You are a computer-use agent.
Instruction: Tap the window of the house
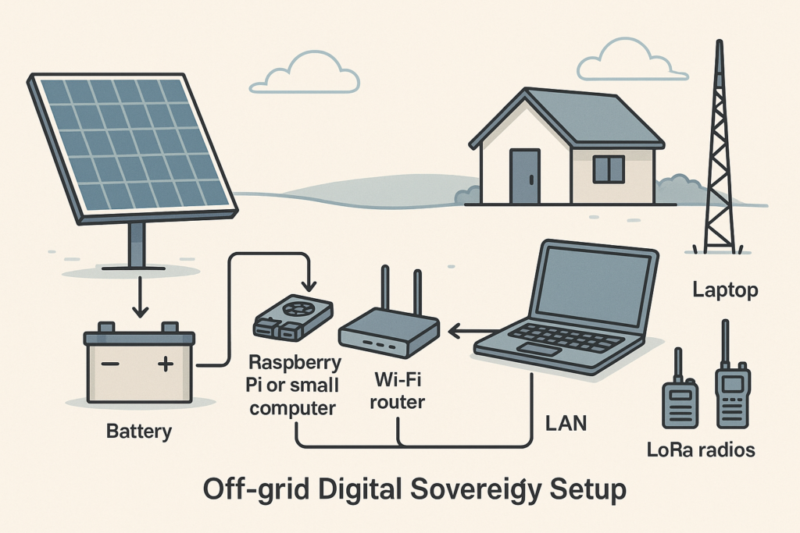click(x=609, y=169)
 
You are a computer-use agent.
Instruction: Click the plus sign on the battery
click(x=165, y=364)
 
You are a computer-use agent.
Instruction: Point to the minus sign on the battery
click(x=111, y=364)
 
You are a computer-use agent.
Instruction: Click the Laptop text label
click(x=725, y=291)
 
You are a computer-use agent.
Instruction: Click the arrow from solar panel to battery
click(x=140, y=300)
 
